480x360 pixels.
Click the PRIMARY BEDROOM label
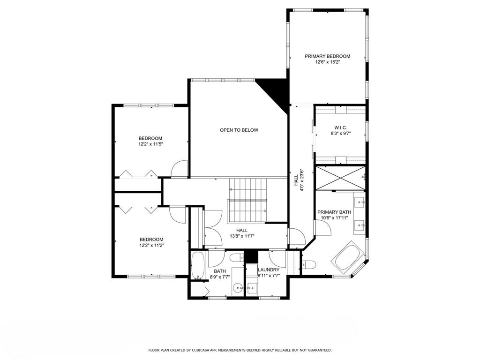[x=327, y=56]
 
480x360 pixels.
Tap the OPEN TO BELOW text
[x=239, y=130]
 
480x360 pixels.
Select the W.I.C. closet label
[x=340, y=127]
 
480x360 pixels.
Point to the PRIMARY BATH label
[x=334, y=212]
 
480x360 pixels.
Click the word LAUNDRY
[x=269, y=270]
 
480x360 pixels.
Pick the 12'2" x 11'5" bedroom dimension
[x=150, y=143]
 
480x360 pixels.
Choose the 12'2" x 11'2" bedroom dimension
[x=151, y=245]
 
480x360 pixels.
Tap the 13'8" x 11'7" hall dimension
[x=242, y=236]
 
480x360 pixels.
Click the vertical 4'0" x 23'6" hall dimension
[x=302, y=180]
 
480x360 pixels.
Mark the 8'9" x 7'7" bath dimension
[x=220, y=277]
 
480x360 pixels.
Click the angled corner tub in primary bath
[x=348, y=256]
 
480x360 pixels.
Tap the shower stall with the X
[x=340, y=178]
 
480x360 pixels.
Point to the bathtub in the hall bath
[x=198, y=266]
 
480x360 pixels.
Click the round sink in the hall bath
[x=238, y=288]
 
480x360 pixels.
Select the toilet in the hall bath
[x=237, y=258]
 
